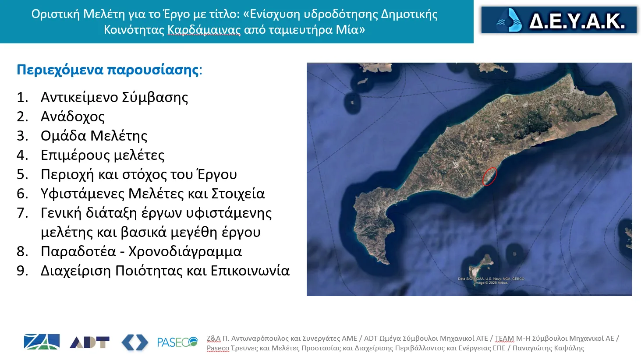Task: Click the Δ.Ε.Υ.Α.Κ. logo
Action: pos(559,20)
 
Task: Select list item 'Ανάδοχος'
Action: pos(73,116)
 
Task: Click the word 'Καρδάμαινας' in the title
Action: pos(204,30)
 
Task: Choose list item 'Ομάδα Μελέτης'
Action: pos(94,136)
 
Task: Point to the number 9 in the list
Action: pos(22,271)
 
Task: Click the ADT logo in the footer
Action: pos(89,342)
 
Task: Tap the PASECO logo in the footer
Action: pos(177,342)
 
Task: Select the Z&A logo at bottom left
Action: pos(42,342)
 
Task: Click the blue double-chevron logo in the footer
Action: pos(135,342)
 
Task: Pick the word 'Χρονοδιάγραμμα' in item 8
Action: pos(185,252)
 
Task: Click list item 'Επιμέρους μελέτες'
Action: pos(103,155)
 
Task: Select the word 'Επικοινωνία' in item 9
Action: pos(250,271)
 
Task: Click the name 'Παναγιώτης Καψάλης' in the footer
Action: pos(548,348)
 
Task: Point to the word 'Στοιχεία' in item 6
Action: pos(238,194)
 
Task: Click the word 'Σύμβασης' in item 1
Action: pos(155,98)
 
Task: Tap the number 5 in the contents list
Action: pos(22,174)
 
